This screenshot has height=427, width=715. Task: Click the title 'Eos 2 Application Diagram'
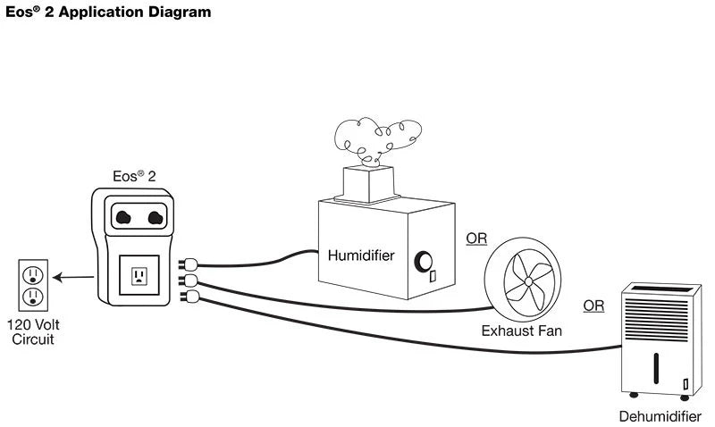pos(108,13)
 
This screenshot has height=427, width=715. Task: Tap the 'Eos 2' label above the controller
pos(133,176)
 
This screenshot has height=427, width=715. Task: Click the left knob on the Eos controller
pos(123,217)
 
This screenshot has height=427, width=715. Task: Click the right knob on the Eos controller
pos(155,217)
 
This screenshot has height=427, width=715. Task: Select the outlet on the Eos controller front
pos(139,275)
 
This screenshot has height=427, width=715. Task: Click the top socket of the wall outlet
pos(32,272)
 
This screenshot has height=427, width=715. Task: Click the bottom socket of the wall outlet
pos(32,295)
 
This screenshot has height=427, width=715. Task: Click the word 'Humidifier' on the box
pos(360,255)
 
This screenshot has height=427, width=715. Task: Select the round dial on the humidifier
pos(422,260)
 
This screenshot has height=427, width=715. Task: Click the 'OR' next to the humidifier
pos(476,239)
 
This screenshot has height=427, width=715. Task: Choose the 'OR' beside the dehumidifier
pos(593,306)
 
